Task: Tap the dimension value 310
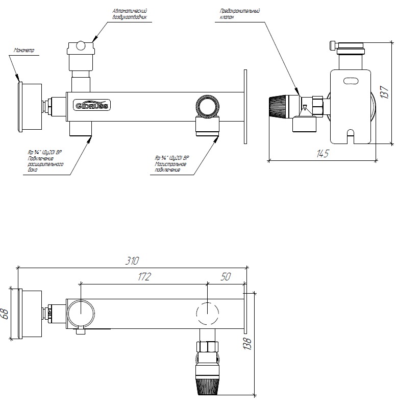click(132, 260)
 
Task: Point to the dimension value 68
click(6, 313)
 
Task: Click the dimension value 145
click(322, 154)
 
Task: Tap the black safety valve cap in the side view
click(280, 106)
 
